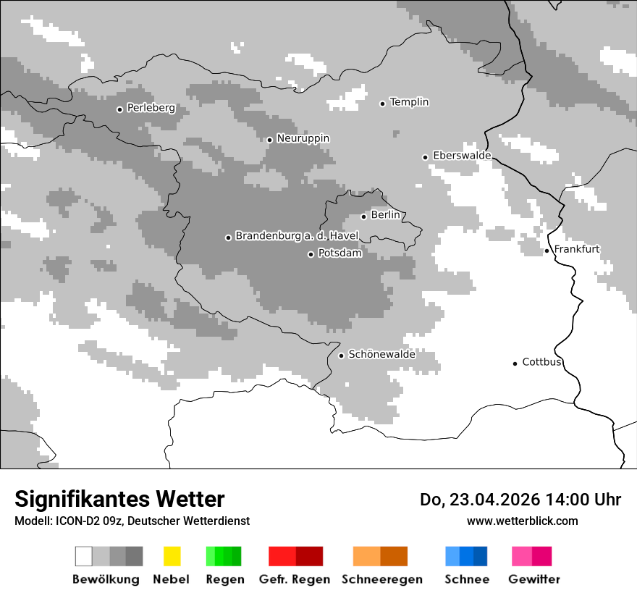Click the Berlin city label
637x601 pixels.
pos(385,215)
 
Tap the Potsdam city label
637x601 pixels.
pos(339,253)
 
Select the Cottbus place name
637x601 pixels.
pos(541,362)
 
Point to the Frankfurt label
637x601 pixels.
pos(576,249)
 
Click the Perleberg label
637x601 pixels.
pos(151,108)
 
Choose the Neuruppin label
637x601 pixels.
pos(303,138)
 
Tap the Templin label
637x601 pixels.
pos(409,102)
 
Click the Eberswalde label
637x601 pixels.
pos(461,156)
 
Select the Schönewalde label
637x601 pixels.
pos(381,354)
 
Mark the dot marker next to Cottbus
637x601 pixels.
pos(515,363)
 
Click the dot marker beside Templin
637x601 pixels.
pos(382,104)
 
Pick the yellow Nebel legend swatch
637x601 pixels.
pos(172,556)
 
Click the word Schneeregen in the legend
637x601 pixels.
pos(381,579)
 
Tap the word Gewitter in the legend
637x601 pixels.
pos(533,579)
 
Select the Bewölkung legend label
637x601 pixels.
pos(106,579)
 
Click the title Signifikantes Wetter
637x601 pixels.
pos(119,500)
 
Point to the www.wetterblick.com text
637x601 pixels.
pos(522,521)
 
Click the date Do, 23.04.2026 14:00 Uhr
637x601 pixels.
pos(520,500)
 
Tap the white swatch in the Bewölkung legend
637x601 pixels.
pos(84,556)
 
